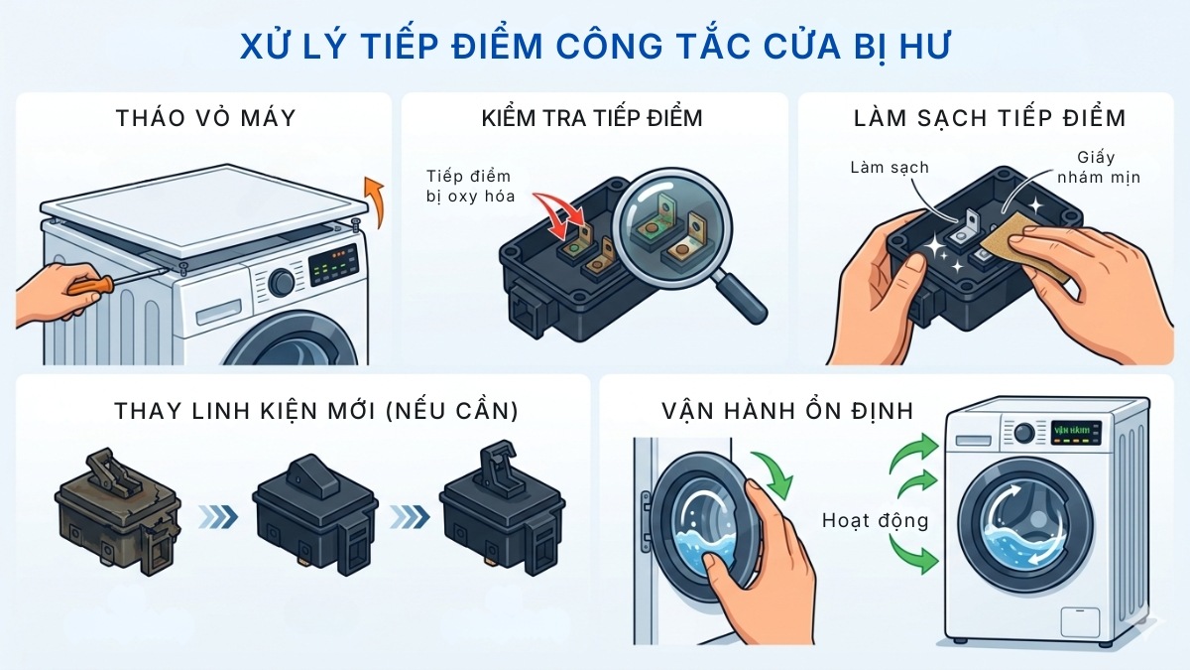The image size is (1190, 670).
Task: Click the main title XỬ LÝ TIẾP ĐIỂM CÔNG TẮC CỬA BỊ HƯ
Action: pyautogui.click(x=595, y=47)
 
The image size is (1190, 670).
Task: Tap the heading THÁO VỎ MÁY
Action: pyautogui.click(x=205, y=119)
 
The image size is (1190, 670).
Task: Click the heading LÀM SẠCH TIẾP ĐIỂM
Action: pyautogui.click(x=990, y=119)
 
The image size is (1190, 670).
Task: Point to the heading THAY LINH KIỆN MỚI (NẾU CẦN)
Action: pyautogui.click(x=303, y=410)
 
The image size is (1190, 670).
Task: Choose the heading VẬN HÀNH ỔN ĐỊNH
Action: pyautogui.click(x=773, y=410)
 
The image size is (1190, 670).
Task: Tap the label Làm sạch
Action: pyautogui.click(x=889, y=167)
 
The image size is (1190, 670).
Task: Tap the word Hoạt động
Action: pyautogui.click(x=874, y=520)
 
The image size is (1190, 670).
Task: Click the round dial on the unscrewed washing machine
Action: pyautogui.click(x=282, y=281)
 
